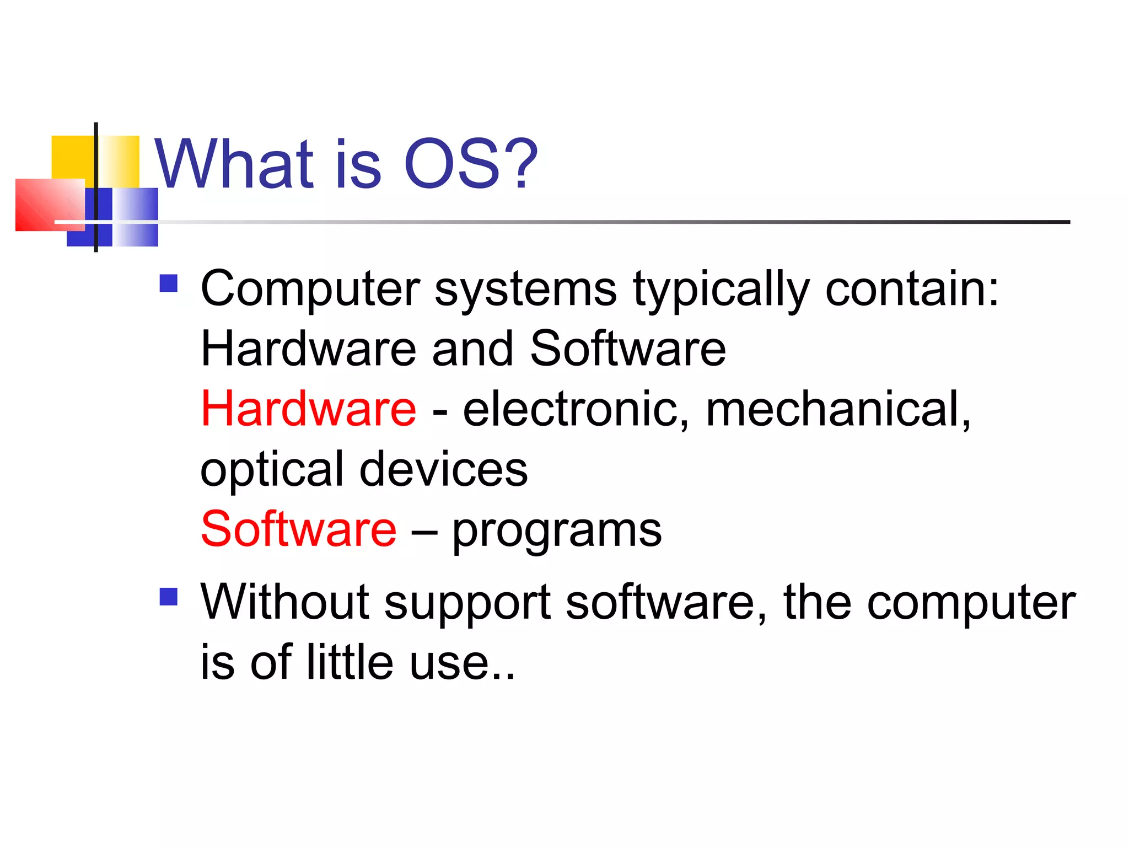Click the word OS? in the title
coord(470,164)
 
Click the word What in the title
coord(234,164)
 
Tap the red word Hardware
coord(309,409)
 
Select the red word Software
coord(299,529)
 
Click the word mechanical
coord(838,410)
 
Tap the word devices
coord(444,470)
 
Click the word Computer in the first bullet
coord(310,290)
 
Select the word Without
coord(284,602)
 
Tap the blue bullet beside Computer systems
coord(169,283)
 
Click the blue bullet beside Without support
coord(169,596)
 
